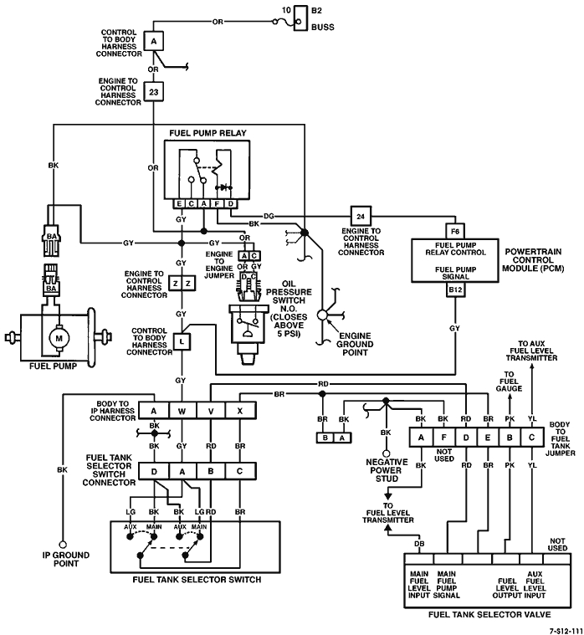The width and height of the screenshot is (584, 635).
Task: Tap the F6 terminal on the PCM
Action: [456, 229]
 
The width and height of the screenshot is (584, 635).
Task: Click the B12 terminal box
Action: [456, 291]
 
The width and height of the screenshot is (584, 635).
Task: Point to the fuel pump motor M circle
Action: [59, 337]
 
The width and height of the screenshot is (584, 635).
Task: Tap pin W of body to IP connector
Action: [182, 411]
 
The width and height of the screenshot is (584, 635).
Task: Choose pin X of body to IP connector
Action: [240, 411]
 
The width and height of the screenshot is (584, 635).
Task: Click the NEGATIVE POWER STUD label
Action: [386, 471]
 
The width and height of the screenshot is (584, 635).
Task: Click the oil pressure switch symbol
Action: [248, 322]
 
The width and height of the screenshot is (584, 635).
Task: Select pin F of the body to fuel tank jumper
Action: [443, 436]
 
